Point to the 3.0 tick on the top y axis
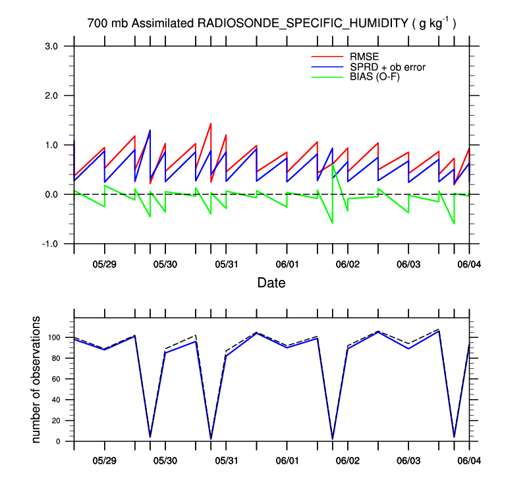(52, 46)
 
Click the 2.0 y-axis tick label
(52, 96)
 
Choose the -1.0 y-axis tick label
(51, 244)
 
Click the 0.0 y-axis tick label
(52, 194)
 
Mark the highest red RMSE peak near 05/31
(210, 123)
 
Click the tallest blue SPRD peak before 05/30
(150, 130)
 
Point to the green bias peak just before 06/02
(333, 165)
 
